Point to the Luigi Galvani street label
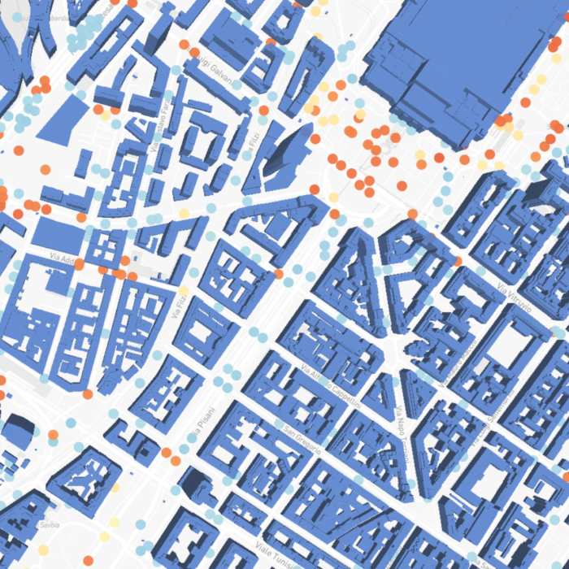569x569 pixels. tap(213, 69)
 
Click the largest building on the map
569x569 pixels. tap(455, 65)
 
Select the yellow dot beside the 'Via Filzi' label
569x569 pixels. tap(184, 290)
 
